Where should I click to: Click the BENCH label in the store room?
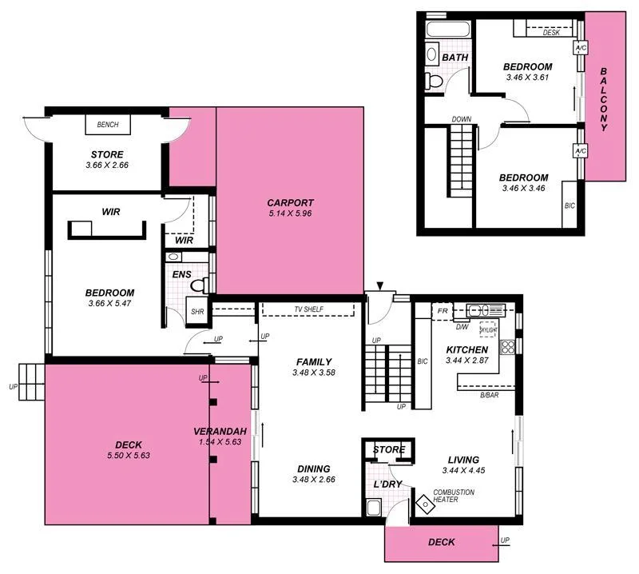point(108,126)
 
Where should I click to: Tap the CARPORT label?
point(290,203)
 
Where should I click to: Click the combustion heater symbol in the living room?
point(423,503)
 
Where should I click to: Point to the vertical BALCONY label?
point(605,99)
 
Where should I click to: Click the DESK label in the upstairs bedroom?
point(551,33)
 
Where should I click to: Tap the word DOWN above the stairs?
point(461,119)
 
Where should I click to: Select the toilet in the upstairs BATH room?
point(433,81)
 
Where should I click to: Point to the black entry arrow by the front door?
point(380,285)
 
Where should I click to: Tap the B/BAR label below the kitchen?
point(490,396)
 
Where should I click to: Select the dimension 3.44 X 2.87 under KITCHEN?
point(466,362)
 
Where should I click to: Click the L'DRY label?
point(387,484)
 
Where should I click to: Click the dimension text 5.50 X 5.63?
point(129,456)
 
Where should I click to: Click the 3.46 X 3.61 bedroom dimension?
point(528,78)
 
